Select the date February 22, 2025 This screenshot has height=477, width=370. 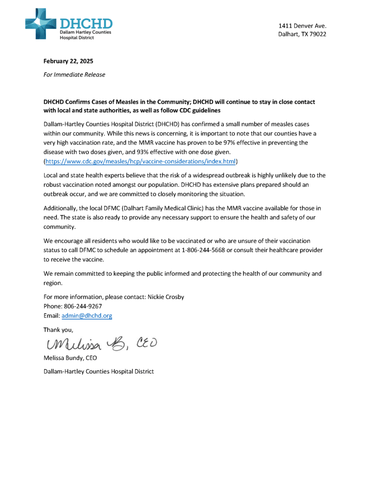[68, 61]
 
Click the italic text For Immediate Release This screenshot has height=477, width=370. [74, 75]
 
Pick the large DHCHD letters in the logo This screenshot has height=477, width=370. [86, 22]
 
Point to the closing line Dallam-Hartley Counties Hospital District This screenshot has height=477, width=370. [98, 371]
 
